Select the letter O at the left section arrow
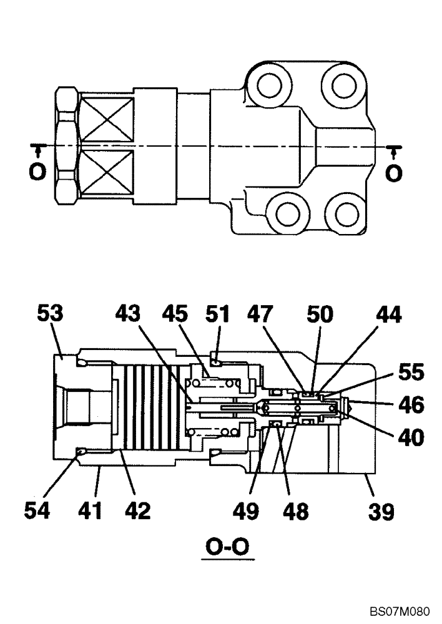37,172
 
